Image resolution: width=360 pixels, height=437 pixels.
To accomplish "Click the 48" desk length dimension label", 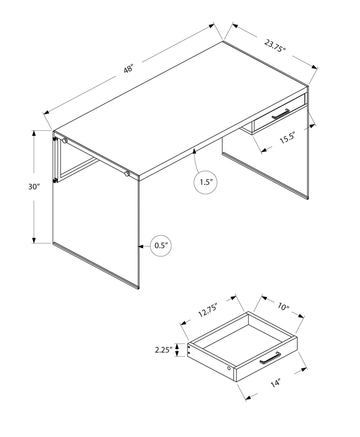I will (x=129, y=68).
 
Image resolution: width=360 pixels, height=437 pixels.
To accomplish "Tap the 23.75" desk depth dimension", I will (x=275, y=46).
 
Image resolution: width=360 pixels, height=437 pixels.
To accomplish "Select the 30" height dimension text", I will (x=33, y=186).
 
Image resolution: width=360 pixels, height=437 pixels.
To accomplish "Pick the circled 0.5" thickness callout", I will (x=160, y=246).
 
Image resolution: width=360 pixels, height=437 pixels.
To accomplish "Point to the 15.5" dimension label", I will (x=287, y=138).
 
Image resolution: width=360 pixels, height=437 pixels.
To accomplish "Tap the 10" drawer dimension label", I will (x=284, y=307).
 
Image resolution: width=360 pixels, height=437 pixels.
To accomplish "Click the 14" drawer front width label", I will (x=276, y=383).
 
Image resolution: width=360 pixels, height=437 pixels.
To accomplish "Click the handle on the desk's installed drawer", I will (x=280, y=113).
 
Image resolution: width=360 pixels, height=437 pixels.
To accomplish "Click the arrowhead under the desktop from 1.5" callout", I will (x=194, y=151).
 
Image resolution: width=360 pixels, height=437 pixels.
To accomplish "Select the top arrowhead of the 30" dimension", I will (x=34, y=133).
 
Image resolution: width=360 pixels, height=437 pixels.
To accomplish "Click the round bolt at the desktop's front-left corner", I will (x=65, y=141).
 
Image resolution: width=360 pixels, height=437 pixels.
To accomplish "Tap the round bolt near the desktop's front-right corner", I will (x=127, y=174).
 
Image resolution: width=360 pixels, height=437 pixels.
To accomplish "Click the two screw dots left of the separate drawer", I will (x=189, y=350).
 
